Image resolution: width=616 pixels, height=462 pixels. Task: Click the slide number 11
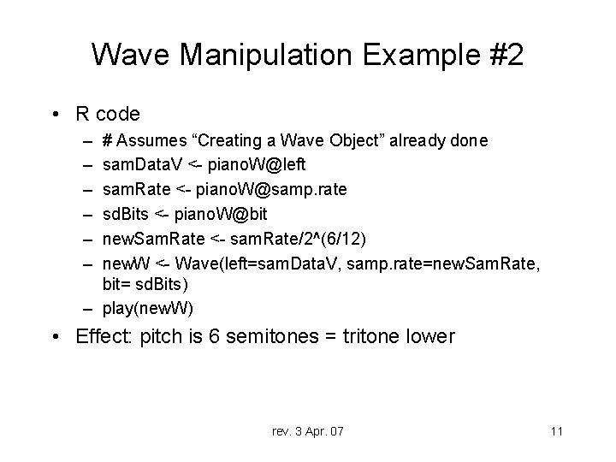tap(556, 430)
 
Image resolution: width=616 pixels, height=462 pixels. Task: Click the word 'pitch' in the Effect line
tap(151, 336)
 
